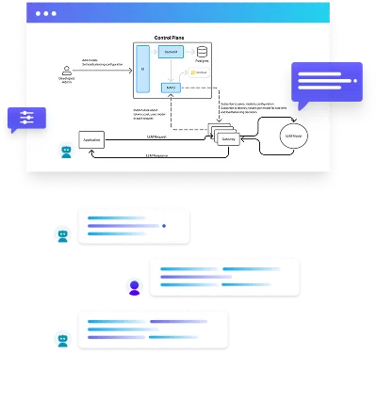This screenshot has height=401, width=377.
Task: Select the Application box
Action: (x=92, y=139)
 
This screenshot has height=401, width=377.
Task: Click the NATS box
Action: (x=171, y=87)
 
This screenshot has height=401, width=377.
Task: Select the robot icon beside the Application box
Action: (x=66, y=152)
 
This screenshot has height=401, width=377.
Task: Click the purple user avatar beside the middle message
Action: (x=135, y=286)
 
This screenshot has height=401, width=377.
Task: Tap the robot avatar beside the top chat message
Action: (x=63, y=235)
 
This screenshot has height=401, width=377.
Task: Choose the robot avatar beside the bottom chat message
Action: (x=63, y=338)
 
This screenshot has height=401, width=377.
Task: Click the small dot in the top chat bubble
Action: (x=163, y=226)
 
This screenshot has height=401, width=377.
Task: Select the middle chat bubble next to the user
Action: (x=222, y=277)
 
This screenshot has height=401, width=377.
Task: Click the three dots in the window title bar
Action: (x=41, y=14)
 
